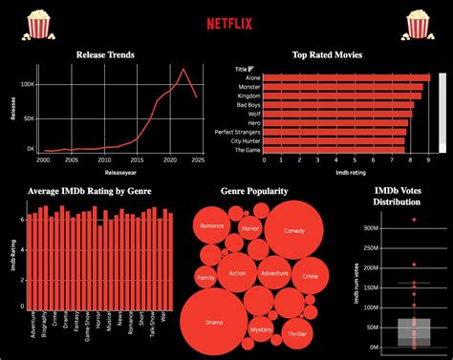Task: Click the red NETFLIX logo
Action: click(226, 21)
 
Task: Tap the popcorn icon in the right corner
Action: click(418, 23)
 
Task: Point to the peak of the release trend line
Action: click(184, 69)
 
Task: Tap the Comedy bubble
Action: click(294, 231)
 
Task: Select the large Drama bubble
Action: click(214, 323)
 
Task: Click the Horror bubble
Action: click(250, 230)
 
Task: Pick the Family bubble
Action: click(205, 279)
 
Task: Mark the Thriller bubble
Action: click(295, 333)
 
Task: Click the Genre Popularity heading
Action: click(254, 191)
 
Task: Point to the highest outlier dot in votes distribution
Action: click(414, 220)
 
